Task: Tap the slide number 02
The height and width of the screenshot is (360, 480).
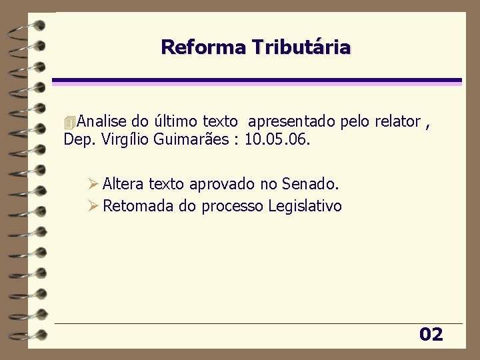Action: (431, 335)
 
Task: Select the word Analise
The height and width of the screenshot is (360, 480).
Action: (102, 121)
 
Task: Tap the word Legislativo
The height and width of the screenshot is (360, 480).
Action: (305, 206)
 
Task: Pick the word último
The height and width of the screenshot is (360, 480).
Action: (175, 121)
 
